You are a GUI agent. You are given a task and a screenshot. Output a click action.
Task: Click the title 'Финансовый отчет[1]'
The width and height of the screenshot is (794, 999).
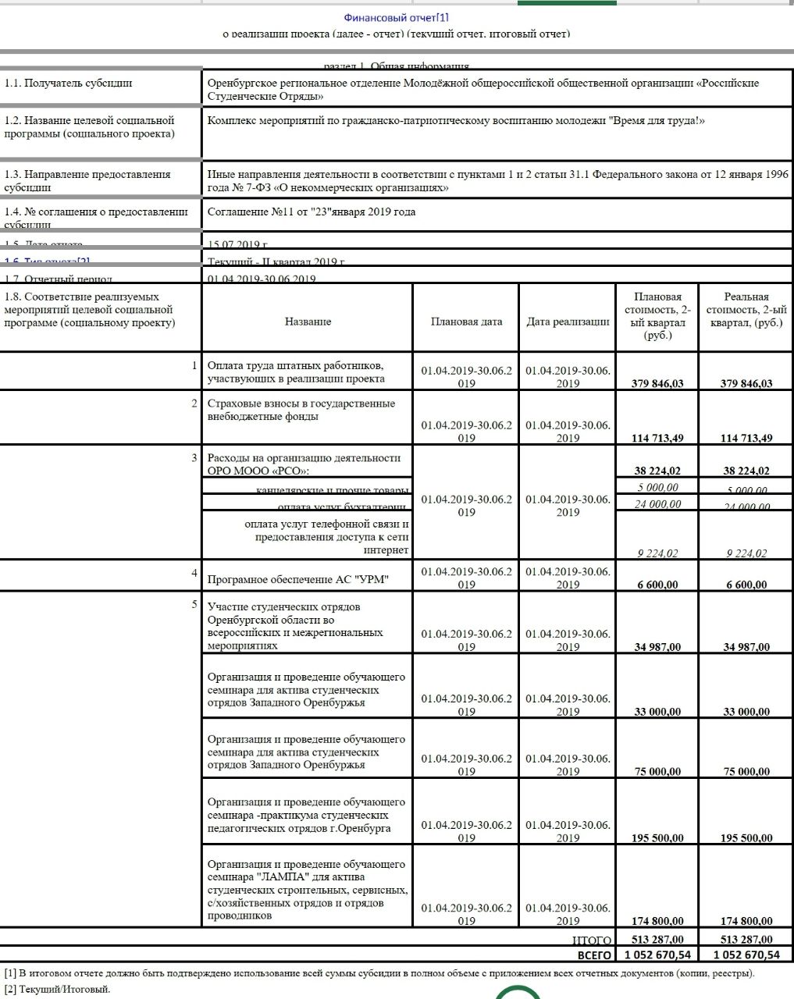coord(396,17)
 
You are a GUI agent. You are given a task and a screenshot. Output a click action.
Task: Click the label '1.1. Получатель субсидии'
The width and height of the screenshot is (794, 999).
coord(69,84)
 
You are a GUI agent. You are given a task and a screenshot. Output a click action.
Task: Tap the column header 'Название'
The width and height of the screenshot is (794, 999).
coord(308,322)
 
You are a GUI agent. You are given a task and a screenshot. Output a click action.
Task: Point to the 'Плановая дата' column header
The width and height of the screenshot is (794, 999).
coord(466,322)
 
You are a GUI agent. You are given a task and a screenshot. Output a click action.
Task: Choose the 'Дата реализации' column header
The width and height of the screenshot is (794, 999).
coord(568,322)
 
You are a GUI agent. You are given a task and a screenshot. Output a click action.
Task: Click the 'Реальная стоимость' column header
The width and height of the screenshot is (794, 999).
coord(746,309)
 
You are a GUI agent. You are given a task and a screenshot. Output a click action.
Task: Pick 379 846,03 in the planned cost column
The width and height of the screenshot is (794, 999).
coord(657,383)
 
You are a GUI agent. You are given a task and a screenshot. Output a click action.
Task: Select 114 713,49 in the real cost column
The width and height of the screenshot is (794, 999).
coord(746,438)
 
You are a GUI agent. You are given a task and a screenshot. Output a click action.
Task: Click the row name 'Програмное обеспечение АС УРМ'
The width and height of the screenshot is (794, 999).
coord(297,579)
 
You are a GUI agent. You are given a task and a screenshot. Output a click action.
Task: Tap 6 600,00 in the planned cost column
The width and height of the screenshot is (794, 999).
coord(658,585)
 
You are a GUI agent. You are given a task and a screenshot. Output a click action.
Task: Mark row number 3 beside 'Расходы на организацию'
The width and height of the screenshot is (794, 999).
coord(194,457)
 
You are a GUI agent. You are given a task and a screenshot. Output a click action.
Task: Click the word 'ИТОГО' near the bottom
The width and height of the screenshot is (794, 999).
coord(593,940)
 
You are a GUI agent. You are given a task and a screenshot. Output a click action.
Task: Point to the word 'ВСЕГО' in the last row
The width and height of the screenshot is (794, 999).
coord(594,955)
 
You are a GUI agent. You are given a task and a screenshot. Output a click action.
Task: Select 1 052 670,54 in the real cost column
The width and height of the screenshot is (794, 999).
coord(746,955)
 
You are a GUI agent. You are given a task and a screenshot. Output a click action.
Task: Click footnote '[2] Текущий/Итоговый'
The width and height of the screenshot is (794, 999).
coord(57,990)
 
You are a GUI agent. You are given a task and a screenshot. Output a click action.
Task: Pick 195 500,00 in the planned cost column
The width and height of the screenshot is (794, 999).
coord(657,838)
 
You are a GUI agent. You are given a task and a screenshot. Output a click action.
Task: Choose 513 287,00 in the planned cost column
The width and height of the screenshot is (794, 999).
coord(657,940)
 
